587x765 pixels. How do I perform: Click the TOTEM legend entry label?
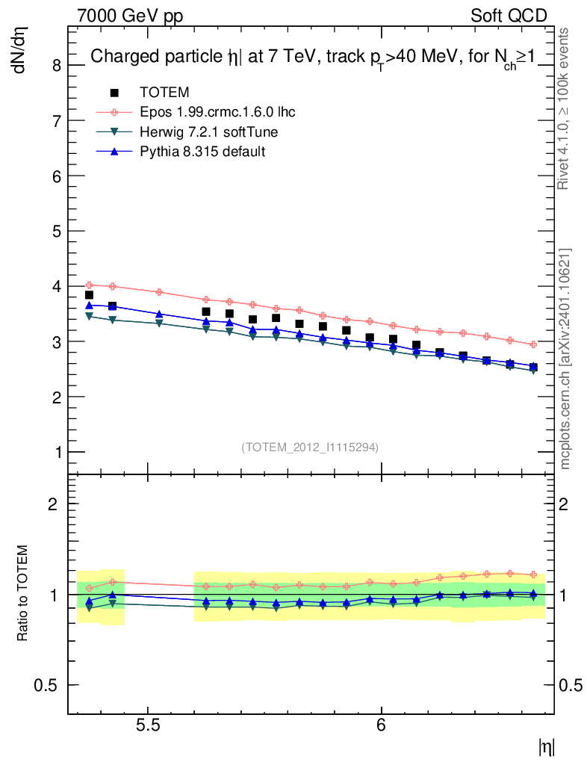[x=164, y=93]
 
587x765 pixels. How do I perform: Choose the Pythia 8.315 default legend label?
[x=202, y=151]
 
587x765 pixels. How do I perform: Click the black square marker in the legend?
[x=114, y=93]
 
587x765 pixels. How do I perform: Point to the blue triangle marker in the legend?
[x=114, y=151]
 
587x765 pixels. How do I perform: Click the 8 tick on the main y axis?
[x=56, y=65]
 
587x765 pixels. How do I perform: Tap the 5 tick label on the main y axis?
[x=56, y=231]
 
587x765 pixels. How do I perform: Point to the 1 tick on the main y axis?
[x=56, y=452]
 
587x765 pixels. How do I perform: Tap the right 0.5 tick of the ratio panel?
[x=572, y=685]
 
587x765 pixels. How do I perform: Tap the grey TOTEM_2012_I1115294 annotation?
[x=310, y=447]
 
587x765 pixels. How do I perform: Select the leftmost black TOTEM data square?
[x=89, y=295]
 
